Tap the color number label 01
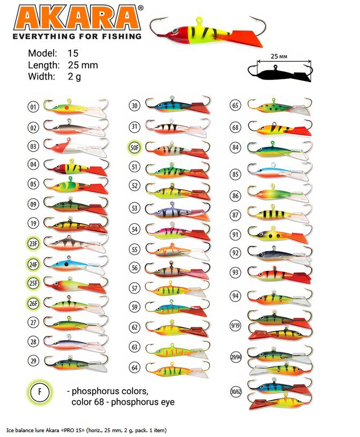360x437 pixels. [x=33, y=107]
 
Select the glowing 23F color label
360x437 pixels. [x=33, y=244]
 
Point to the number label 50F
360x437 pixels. [x=135, y=148]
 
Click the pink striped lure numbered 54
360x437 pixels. [x=178, y=231]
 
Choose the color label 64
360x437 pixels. [x=135, y=368]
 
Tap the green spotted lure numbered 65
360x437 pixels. [x=280, y=106]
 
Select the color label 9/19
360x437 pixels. [x=236, y=325]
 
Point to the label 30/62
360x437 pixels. [x=236, y=391]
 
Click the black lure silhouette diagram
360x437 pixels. [x=280, y=73]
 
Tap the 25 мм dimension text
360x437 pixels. [x=279, y=56]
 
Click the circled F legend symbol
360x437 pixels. [x=40, y=392]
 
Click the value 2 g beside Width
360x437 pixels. [x=75, y=76]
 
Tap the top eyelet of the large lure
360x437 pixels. [x=200, y=20]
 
